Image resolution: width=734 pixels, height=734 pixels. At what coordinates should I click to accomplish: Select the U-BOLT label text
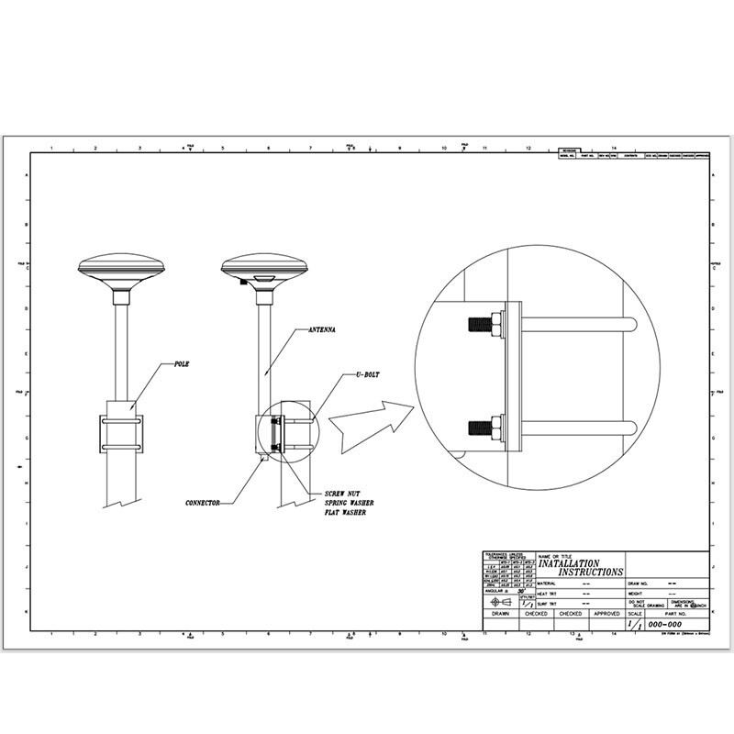point(368,375)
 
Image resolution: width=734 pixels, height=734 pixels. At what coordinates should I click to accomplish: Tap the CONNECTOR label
point(206,503)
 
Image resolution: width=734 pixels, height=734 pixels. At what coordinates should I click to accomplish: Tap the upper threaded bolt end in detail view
point(479,323)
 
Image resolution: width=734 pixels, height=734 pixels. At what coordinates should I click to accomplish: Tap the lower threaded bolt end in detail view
point(479,426)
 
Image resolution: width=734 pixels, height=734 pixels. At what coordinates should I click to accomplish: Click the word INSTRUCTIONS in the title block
point(590,572)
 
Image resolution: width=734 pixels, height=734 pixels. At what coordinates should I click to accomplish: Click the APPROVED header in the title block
point(606,613)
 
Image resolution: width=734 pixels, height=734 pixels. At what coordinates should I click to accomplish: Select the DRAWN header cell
point(500,613)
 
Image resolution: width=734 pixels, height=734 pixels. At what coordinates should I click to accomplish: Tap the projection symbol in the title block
point(501,602)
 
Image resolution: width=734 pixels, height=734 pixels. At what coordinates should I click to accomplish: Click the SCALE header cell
point(636,613)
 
